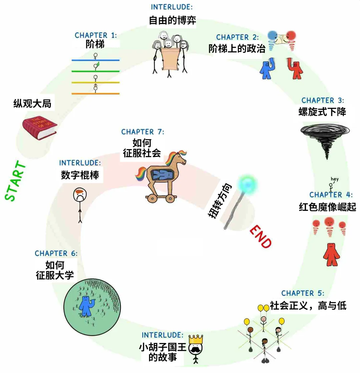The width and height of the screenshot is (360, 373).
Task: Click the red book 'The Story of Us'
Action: (39, 127)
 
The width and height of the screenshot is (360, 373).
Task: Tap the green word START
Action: (15, 181)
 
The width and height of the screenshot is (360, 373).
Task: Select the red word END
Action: (260, 237)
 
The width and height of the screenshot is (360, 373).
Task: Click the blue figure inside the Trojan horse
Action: (162, 175)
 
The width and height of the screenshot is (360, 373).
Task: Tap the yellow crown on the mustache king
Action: (196, 339)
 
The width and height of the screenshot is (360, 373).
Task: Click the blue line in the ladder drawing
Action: (96, 60)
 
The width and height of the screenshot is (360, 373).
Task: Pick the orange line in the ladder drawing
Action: (96, 93)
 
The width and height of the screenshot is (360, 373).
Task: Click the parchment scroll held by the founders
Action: (169, 59)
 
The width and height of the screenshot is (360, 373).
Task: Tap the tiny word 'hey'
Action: (335, 179)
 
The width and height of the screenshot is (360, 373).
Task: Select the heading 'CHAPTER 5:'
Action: (303, 293)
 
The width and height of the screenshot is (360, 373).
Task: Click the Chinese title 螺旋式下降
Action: (322, 111)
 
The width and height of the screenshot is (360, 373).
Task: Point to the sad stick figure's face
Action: (80, 195)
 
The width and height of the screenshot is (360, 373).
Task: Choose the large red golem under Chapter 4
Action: (331, 254)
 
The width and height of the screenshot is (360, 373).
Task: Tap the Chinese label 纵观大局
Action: (32, 104)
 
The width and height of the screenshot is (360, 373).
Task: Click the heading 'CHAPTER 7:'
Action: (143, 132)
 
